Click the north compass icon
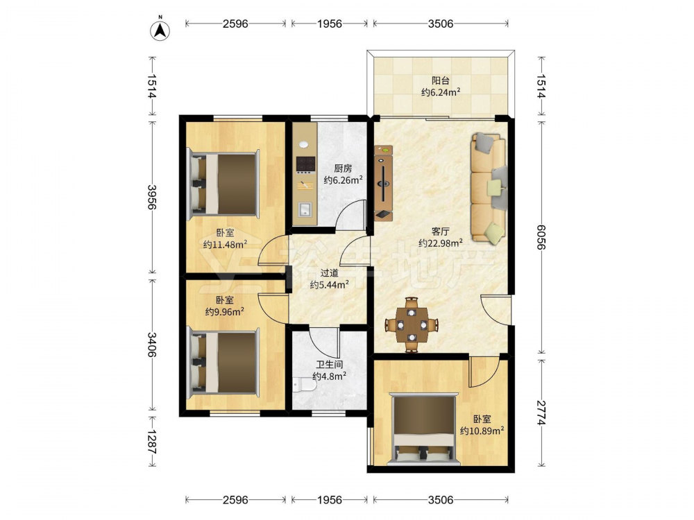pos(160,30)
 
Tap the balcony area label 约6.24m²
pos(441,92)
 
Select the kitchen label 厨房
pos(343,168)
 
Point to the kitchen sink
pos(305,209)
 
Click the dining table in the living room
pos(412,325)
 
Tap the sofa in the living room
pos(488,187)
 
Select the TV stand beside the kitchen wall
pos(383,182)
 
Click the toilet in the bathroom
pos(304,385)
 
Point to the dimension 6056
pos(541,237)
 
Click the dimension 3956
pos(152,197)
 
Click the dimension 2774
pos(541,413)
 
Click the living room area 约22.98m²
pos(441,243)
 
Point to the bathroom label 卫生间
pos(329,365)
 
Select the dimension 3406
pos(152,345)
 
